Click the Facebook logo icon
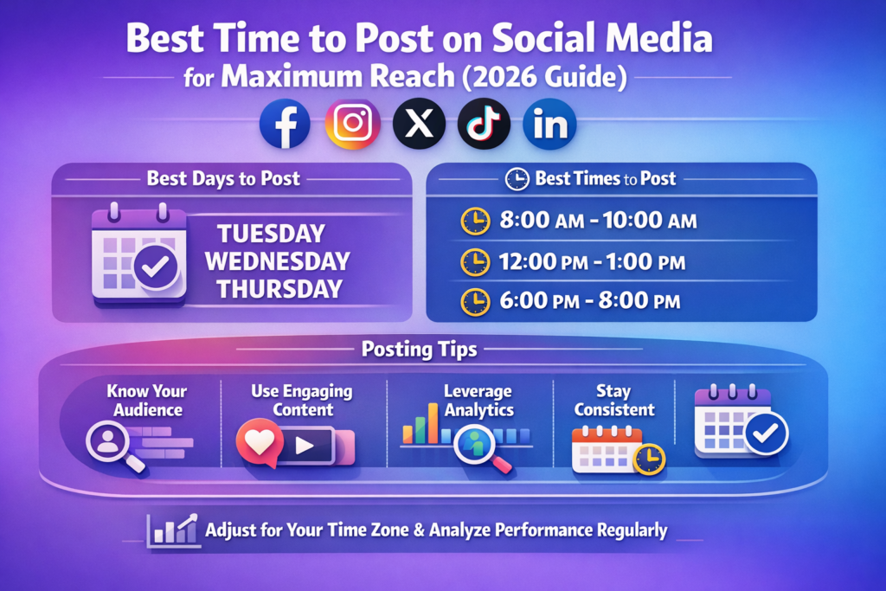pos(285,125)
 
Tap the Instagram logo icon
pos(352,125)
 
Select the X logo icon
pos(419,125)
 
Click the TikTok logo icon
pos(484,125)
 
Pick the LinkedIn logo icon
pos(549,125)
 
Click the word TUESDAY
pos(271,234)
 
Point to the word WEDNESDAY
pos(277,261)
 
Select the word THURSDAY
pos(279,289)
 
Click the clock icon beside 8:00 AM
pos(474,222)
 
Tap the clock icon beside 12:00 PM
pos(474,261)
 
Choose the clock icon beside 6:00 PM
pos(474,301)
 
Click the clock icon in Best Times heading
pos(517,179)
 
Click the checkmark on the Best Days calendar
pos(156,269)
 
